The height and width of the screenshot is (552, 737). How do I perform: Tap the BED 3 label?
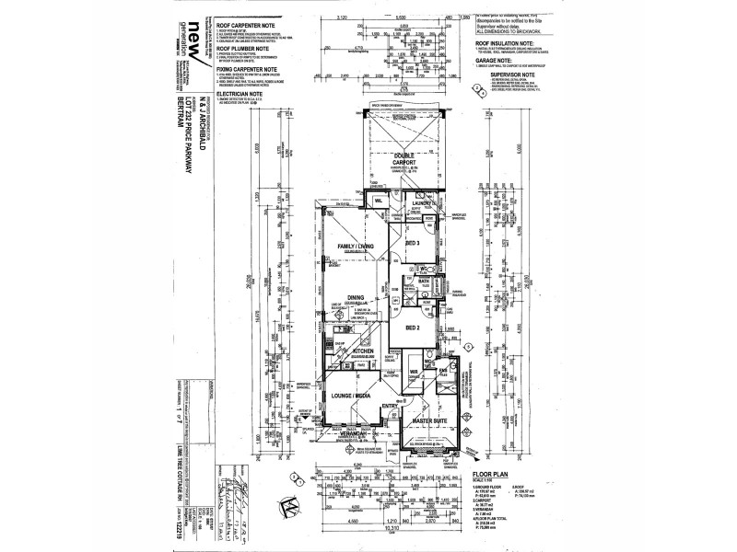[413, 242]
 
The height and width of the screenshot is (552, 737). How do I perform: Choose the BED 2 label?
[413, 327]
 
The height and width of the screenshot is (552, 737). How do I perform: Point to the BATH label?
[438, 282]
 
